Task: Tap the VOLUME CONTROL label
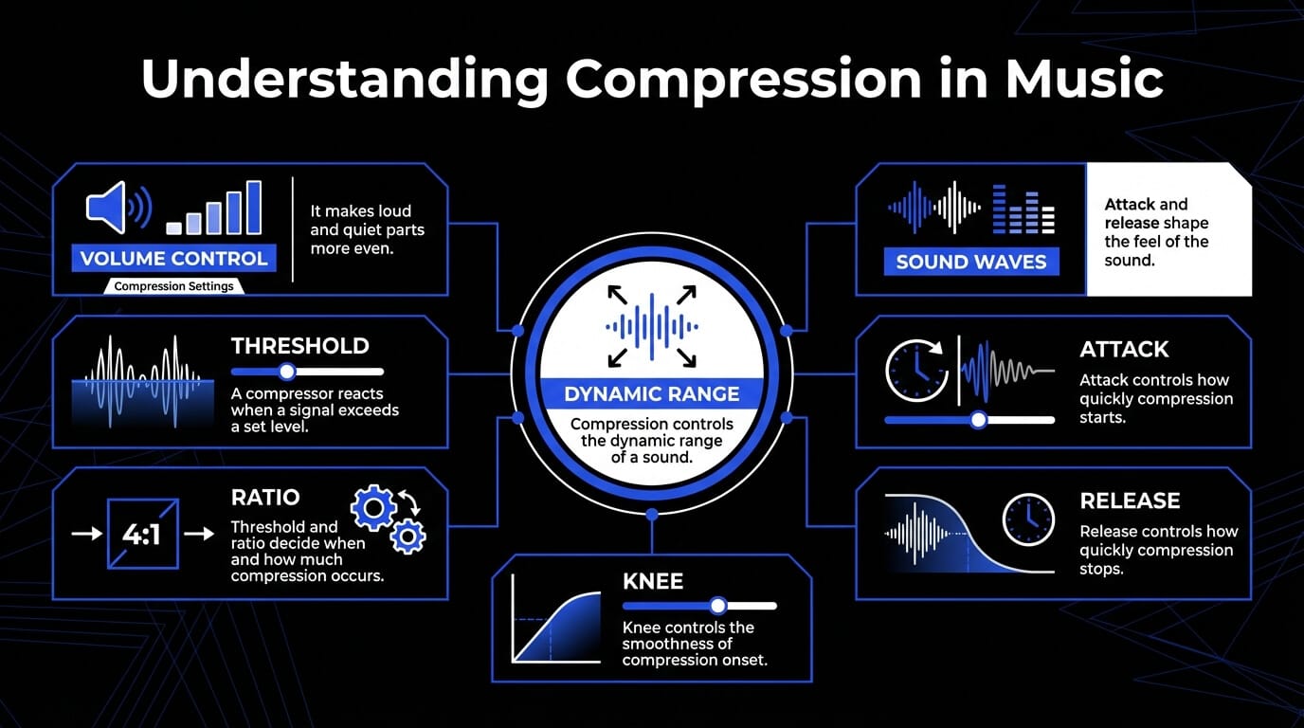[x=173, y=259]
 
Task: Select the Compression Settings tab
[x=173, y=286]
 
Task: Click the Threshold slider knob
[x=286, y=371]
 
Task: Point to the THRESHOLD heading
[x=299, y=346]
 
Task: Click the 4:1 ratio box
[x=142, y=534]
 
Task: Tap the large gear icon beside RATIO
[x=373, y=508]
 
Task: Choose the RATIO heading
[x=265, y=498]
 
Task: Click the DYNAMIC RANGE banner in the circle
[x=651, y=393]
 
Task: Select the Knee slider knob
[x=718, y=606]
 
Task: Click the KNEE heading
[x=653, y=581]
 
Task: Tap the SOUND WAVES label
[x=971, y=262]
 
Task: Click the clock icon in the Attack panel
[x=916, y=371]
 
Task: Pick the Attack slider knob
[x=979, y=420]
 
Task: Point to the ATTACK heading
[x=1124, y=350]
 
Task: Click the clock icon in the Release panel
[x=1028, y=519]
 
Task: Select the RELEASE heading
[x=1130, y=500]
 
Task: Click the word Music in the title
[x=1084, y=78]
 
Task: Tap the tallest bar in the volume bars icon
[x=254, y=208]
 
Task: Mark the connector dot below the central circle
[x=652, y=514]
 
